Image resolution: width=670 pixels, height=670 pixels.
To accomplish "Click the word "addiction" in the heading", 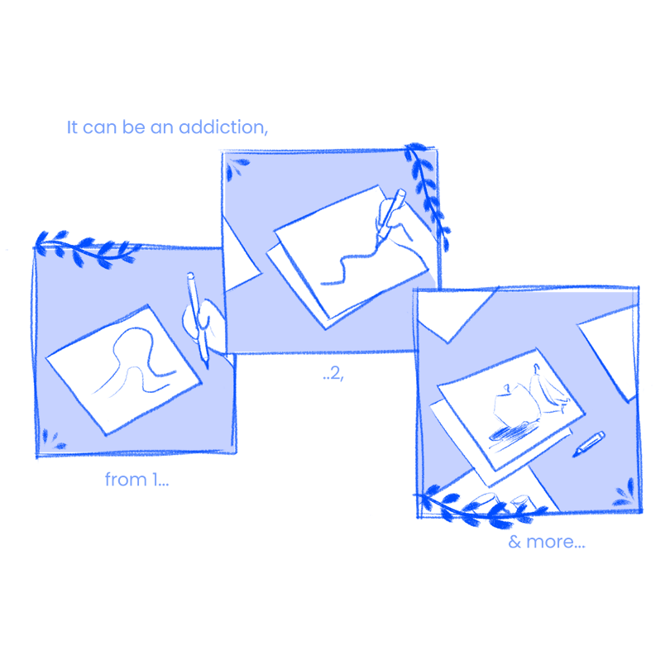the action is [223, 127].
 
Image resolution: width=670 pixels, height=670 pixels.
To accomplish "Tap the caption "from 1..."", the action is [136, 480].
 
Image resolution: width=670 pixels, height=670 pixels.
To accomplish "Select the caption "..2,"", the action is [333, 373].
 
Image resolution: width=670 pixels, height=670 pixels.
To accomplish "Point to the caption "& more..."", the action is [547, 542].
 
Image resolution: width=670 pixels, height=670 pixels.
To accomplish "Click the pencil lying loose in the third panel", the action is [589, 444].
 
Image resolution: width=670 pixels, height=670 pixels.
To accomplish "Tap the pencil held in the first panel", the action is [198, 319].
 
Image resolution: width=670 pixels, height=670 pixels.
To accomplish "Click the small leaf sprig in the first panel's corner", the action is [53, 439].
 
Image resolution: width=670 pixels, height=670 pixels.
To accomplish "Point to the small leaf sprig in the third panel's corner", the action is [625, 493].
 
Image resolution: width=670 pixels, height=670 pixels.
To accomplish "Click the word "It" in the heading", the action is [72, 127].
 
